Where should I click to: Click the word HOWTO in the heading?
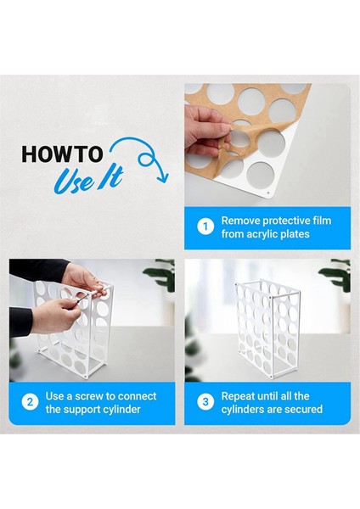coord(62,154)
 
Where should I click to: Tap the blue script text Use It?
coord(88,180)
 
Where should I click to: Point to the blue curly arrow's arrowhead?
coord(162,177)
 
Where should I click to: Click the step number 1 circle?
coord(205,227)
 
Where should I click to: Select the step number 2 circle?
coord(30,402)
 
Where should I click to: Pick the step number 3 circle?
coord(205,402)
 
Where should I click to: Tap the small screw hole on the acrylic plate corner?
coord(268,193)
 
